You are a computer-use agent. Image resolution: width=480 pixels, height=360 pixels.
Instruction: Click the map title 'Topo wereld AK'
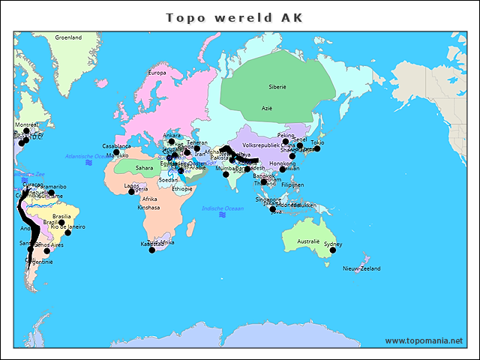click(x=235, y=17)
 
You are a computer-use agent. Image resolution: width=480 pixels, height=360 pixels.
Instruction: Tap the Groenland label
click(x=68, y=37)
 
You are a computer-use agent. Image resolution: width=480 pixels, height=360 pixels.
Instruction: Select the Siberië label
click(x=277, y=87)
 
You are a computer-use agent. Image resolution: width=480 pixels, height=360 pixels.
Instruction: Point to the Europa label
click(x=157, y=73)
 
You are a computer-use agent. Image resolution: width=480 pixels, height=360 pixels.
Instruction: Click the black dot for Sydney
click(x=331, y=251)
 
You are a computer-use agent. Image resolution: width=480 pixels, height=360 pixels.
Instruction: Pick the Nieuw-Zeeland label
click(x=361, y=268)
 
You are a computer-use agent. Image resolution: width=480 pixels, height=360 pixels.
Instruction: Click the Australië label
click(x=308, y=241)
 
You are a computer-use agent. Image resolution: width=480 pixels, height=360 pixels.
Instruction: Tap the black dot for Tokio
click(x=317, y=148)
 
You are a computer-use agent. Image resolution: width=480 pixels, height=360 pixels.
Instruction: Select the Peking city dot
click(x=286, y=141)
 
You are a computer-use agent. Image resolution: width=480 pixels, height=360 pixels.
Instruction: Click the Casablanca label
click(x=116, y=145)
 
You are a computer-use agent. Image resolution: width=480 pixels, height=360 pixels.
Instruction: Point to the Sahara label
click(x=144, y=168)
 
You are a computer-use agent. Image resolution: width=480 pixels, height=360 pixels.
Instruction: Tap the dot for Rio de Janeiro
click(x=68, y=232)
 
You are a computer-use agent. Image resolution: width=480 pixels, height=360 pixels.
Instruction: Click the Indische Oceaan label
click(x=222, y=208)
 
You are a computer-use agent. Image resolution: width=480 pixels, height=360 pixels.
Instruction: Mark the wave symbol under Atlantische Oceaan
click(x=89, y=162)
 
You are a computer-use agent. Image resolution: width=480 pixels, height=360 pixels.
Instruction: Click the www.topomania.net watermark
click(x=424, y=340)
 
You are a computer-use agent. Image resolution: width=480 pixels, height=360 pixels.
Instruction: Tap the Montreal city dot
click(x=26, y=130)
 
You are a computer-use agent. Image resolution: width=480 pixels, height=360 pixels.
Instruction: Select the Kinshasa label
click(x=148, y=208)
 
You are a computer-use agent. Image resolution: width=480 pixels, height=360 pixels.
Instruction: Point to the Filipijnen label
click(x=292, y=184)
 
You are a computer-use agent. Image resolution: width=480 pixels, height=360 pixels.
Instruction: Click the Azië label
click(x=266, y=108)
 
